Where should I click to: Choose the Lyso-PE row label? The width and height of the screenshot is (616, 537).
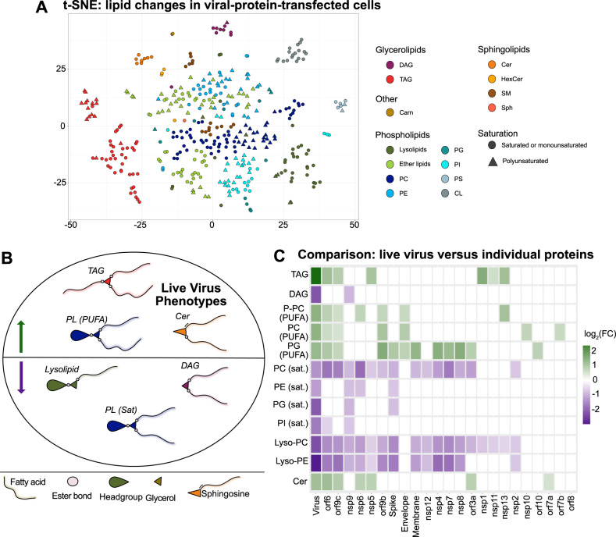click(x=289, y=464)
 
